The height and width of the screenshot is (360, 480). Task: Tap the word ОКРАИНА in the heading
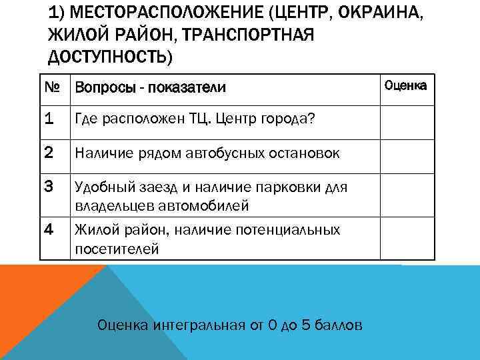[387, 14]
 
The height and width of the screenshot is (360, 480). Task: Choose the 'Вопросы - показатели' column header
[150, 87]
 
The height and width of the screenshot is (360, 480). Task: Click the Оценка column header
[406, 85]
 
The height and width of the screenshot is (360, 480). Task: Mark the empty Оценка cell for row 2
[407, 154]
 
